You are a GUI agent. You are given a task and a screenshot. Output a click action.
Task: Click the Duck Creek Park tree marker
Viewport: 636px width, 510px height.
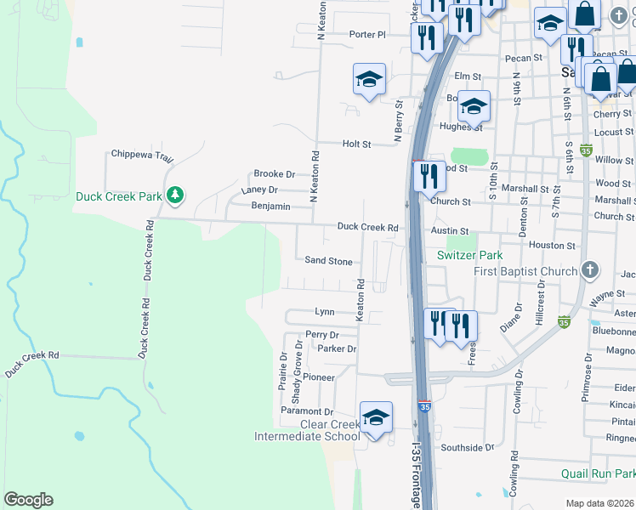pyautogui.click(x=175, y=196)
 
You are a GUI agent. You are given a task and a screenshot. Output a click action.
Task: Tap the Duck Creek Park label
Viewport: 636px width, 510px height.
pyautogui.click(x=119, y=196)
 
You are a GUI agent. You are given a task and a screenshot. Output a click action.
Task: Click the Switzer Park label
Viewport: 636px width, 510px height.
pyautogui.click(x=469, y=255)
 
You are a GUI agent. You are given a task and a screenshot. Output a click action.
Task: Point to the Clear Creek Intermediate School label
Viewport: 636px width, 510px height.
pyautogui.click(x=307, y=430)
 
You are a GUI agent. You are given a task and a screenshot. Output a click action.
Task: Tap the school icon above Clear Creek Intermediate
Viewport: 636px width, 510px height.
pyautogui.click(x=375, y=417)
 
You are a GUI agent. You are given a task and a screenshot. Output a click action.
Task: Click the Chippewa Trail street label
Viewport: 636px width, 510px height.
pyautogui.click(x=142, y=156)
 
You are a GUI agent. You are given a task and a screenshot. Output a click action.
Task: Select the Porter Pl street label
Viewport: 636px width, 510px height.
pyautogui.click(x=367, y=35)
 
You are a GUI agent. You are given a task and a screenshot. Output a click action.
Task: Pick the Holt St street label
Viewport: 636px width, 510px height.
pyautogui.click(x=356, y=144)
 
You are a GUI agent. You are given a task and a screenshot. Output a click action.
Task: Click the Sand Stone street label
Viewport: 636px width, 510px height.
pyautogui.click(x=328, y=262)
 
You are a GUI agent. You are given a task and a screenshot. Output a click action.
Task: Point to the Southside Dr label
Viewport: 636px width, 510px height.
pyautogui.click(x=468, y=447)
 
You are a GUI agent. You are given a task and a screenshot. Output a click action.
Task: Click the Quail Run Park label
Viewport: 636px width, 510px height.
pyautogui.click(x=599, y=473)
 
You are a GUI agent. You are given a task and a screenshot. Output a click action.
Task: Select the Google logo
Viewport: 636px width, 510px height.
pyautogui.click(x=28, y=500)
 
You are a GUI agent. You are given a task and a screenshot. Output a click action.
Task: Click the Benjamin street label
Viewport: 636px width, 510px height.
pyautogui.click(x=271, y=207)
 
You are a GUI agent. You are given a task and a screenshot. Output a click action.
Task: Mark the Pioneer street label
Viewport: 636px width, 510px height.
pyautogui.click(x=319, y=377)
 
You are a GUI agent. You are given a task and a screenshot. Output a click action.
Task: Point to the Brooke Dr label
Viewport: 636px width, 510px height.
pyautogui.click(x=274, y=173)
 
